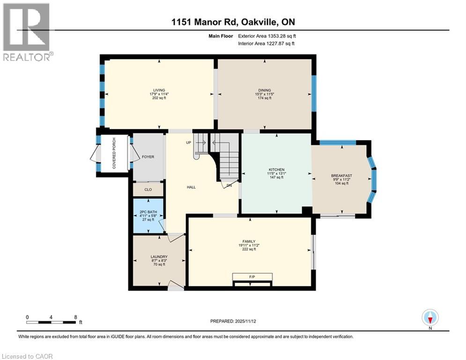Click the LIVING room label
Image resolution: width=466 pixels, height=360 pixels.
pos(159,90)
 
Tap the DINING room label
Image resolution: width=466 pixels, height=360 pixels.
pos(265,90)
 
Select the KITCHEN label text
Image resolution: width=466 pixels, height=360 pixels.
pos(276,169)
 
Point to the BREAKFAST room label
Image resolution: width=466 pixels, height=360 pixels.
pos(341,175)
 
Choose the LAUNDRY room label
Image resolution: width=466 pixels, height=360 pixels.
pos(159,256)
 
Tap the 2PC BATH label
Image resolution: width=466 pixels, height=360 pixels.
pos(148,212)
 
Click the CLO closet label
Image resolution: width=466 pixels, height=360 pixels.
pos(148,190)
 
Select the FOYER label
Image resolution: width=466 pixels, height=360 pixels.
pos(148,157)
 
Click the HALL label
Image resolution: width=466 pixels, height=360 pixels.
pos(191,187)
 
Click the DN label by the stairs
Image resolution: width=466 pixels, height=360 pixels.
pos(229,185)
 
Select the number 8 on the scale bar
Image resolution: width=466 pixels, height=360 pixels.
pos(75,317)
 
